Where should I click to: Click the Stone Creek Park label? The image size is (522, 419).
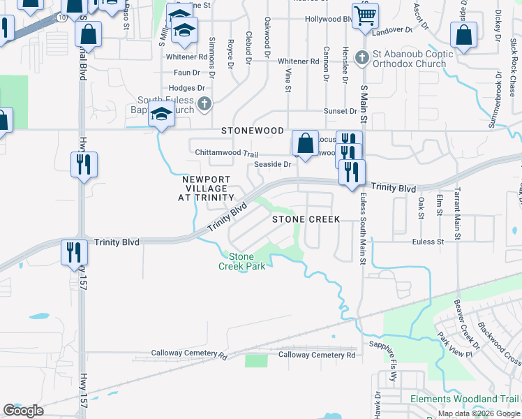tap(242, 261)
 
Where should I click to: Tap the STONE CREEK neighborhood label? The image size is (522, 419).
tap(306, 219)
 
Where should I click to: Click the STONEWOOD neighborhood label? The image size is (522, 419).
tap(253, 131)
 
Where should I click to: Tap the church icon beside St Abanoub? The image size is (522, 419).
tap(361, 57)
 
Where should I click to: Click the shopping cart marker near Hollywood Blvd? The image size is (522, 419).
tap(364, 15)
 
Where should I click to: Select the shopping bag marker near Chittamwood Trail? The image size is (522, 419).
tap(305, 143)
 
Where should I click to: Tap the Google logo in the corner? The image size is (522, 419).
tap(23, 411)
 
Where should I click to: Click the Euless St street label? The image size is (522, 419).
tap(428, 242)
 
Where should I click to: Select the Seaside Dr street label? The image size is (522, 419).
tap(272, 164)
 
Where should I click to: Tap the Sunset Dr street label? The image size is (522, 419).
tap(340, 111)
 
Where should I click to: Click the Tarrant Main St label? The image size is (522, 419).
tap(458, 213)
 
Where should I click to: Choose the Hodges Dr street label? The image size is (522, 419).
tap(186, 88)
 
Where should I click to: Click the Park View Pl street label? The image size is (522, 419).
tap(455, 343)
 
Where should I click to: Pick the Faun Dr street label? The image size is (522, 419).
tap(186, 73)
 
